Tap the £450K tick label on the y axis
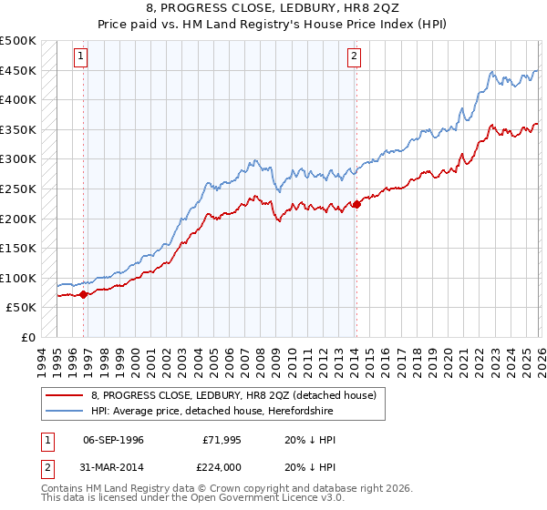tap(18, 70)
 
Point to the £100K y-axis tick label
tap(18, 278)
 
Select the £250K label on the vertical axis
tap(18, 189)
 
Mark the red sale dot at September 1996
tap(83, 294)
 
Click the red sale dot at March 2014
tap(356, 205)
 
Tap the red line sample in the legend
tap(64, 395)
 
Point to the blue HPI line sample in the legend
tap(64, 411)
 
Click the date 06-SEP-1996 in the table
tap(113, 440)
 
